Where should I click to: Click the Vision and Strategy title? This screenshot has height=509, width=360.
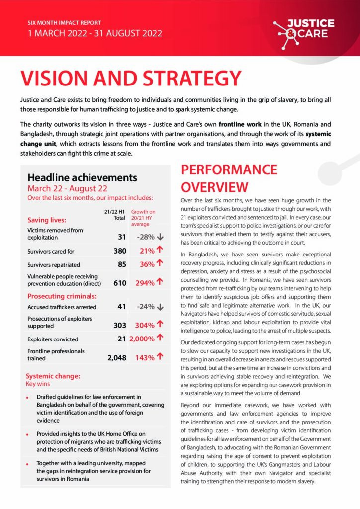click(131, 79)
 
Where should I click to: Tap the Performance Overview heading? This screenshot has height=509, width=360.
click(229, 178)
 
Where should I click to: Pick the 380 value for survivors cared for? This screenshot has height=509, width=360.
click(120, 251)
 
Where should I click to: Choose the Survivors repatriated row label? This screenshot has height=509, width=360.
click(54, 265)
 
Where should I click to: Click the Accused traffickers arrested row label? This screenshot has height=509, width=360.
click(62, 307)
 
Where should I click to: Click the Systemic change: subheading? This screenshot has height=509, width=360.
click(53, 376)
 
